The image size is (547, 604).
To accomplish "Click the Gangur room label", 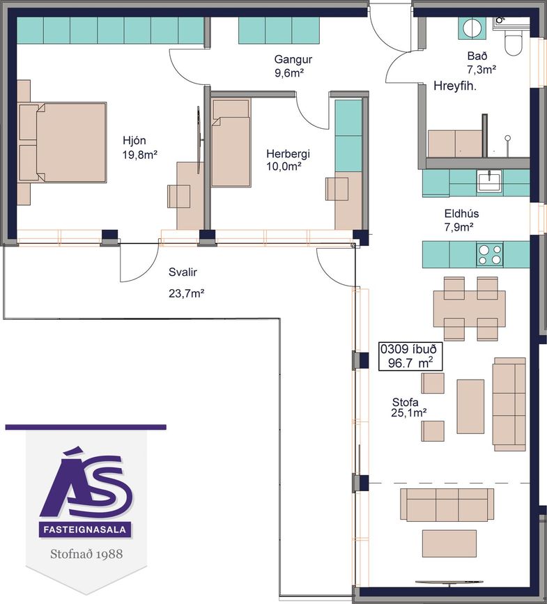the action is point(293,59).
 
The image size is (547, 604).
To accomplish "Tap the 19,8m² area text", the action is point(140,155).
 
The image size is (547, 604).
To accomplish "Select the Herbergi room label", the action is point(288,154).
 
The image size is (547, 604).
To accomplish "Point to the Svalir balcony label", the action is point(183,272).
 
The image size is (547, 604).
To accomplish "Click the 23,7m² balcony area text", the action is point(186,293).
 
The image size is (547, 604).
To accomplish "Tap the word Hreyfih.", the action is point(455,86).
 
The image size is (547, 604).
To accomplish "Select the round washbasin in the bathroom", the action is point(471,28).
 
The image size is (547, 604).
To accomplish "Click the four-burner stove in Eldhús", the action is point(490,254).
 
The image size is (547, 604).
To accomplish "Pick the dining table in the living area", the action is point(469,309).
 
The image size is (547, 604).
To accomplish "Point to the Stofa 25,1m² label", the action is point(409,408).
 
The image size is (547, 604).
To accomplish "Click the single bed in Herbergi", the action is point(231,144).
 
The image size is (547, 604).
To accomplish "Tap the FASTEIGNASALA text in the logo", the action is point(85,529).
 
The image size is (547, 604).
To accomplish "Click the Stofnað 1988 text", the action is point(86,554).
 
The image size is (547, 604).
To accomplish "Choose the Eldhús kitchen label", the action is point(461,214).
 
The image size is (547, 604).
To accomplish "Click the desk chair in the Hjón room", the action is point(178,196).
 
